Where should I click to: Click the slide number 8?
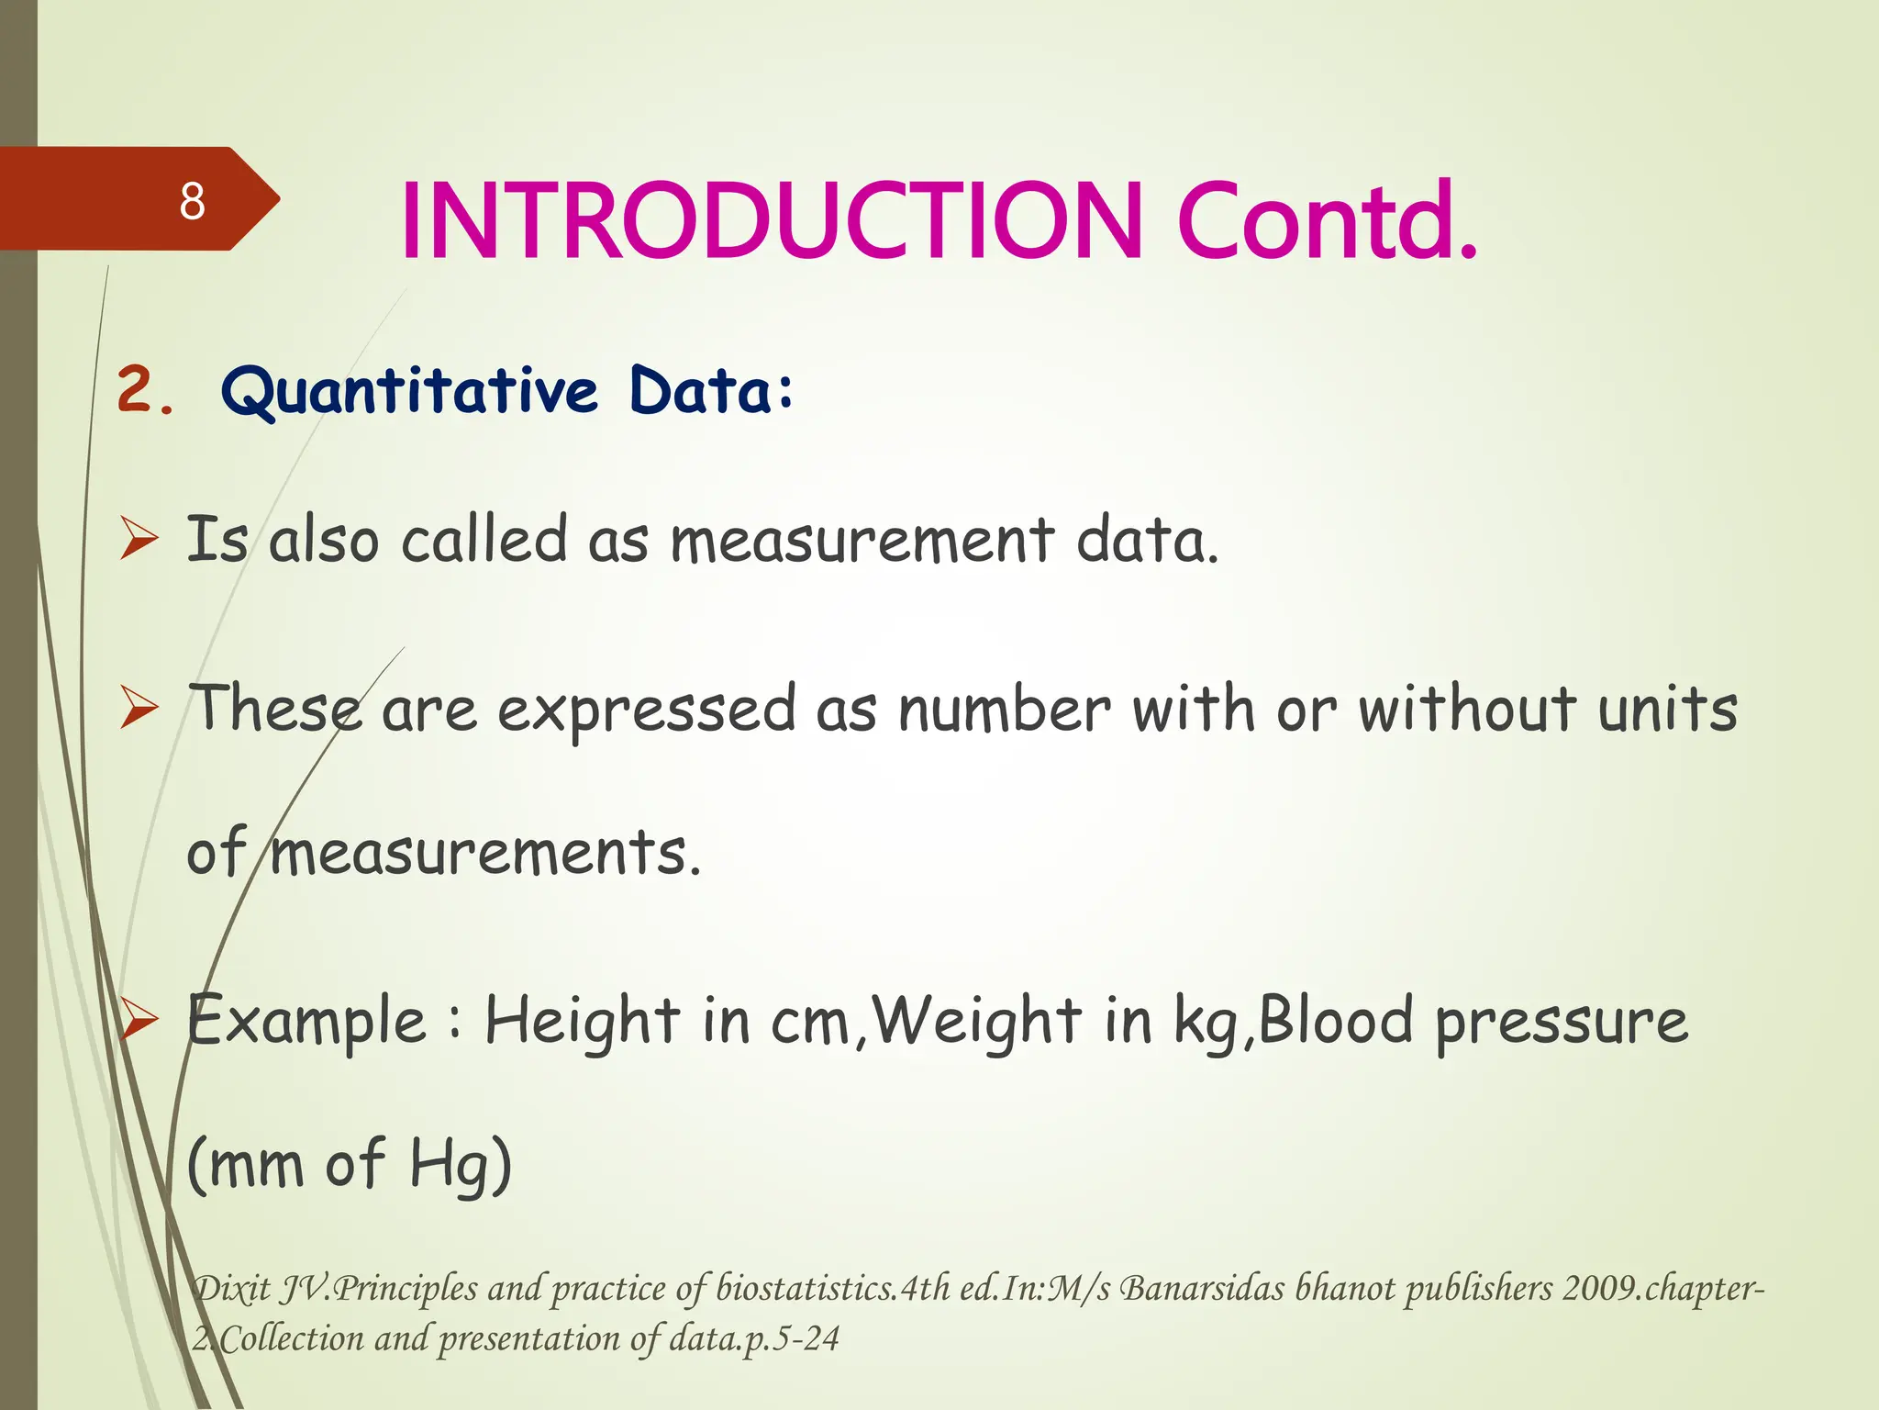tap(192, 201)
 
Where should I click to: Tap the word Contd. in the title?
tap(1327, 221)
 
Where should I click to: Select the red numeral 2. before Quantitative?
tap(146, 390)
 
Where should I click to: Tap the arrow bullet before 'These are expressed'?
tap(139, 709)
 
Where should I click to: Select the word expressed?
tap(647, 711)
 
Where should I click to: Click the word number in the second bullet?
tap(1004, 709)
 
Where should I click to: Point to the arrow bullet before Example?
tap(139, 1019)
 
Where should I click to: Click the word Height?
tap(582, 1021)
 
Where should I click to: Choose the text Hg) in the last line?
tap(460, 1164)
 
